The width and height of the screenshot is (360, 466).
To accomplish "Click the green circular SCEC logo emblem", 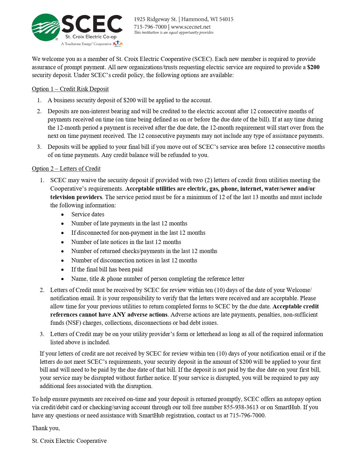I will pyautogui.click(x=46, y=27).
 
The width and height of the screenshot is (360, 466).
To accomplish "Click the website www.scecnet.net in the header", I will pyautogui.click(x=191, y=27).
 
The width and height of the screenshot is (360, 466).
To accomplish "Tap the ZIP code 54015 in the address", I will pyautogui.click(x=226, y=19).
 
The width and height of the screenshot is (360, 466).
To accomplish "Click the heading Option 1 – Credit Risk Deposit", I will pyautogui.click(x=70, y=89).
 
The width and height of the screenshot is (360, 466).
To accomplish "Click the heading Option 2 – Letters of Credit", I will pyautogui.click(x=66, y=169).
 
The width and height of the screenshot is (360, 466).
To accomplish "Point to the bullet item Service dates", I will pyautogui.click(x=88, y=214).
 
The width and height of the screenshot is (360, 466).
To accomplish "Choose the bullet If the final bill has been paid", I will pyautogui.click(x=107, y=269).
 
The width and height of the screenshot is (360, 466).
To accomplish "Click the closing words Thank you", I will pyautogui.click(x=46, y=428).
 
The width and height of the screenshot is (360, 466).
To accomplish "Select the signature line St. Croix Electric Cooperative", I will pyautogui.click(x=69, y=441).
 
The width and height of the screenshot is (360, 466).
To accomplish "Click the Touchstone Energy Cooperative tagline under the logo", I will pyautogui.click(x=86, y=44).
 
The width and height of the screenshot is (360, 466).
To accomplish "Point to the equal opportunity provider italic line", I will pyautogui.click(x=174, y=32).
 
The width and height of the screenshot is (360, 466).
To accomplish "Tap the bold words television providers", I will pyautogui.click(x=76, y=197).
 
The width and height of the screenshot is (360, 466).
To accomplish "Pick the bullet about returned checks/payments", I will pyautogui.click(x=144, y=251).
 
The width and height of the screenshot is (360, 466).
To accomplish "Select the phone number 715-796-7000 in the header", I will pyautogui.click(x=150, y=27).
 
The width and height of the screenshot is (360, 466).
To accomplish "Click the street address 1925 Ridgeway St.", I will pyautogui.click(x=155, y=19).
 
